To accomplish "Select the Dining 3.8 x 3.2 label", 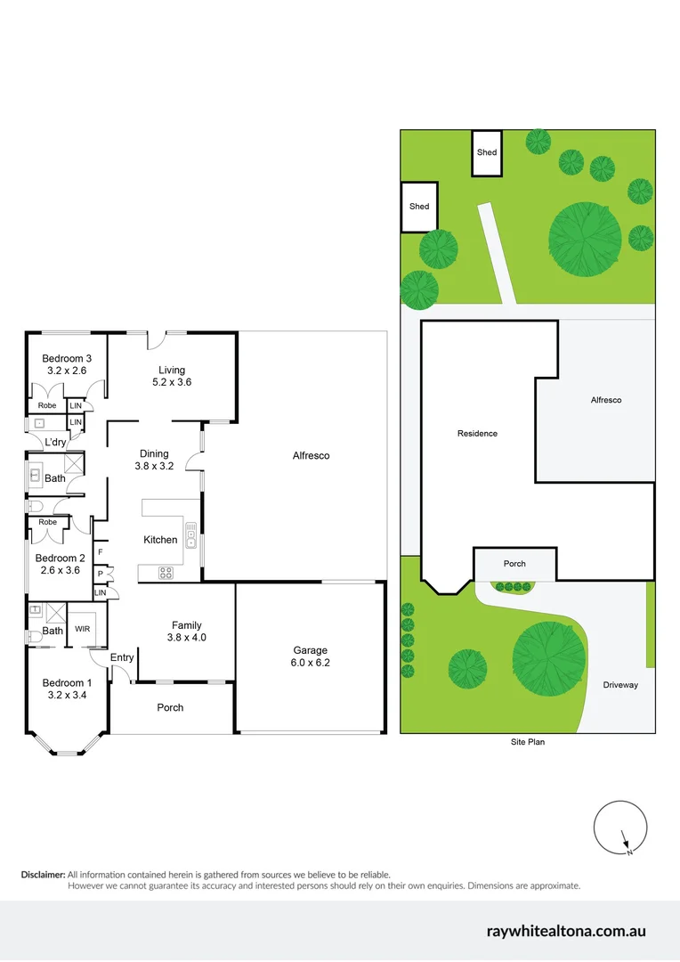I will click(x=153, y=460).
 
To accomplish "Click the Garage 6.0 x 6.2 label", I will click(x=311, y=656).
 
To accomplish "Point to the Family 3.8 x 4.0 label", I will click(x=187, y=631).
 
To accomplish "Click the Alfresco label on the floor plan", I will click(x=311, y=455).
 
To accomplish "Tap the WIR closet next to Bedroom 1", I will click(x=83, y=629).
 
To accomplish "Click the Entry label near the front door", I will click(x=122, y=657).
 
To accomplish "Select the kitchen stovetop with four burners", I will click(x=166, y=573).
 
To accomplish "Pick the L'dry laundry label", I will click(x=55, y=443).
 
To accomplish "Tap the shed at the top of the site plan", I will click(x=487, y=153).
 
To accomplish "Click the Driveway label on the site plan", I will click(x=620, y=685).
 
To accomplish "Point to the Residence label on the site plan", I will click(x=477, y=434).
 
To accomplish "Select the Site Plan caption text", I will click(x=527, y=741).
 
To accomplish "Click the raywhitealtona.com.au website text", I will click(x=566, y=931).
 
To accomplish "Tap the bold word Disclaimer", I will click(x=43, y=875).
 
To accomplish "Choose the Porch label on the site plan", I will click(x=514, y=563).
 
